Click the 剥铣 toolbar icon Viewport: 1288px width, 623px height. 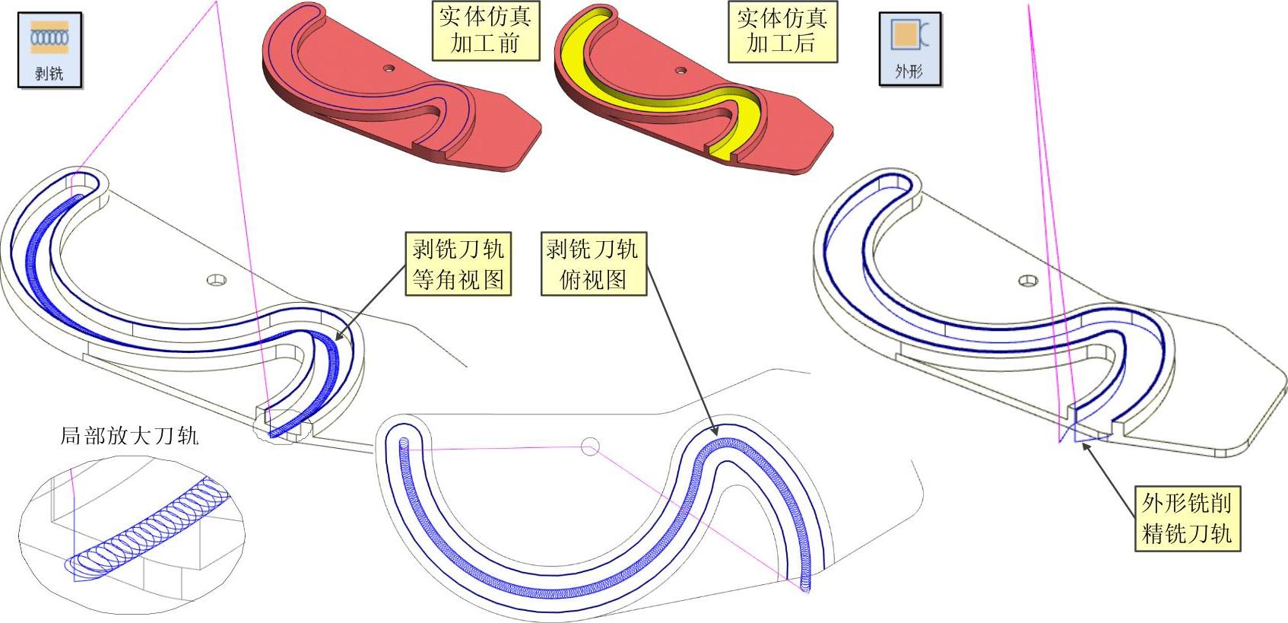click(49, 50)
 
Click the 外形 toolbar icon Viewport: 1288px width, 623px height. click(910, 49)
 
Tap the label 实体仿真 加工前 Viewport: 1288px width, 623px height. click(485, 30)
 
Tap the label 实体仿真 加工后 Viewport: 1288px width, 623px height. click(782, 30)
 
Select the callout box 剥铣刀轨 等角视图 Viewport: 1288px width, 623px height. click(458, 264)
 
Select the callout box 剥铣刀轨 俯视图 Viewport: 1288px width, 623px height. click(592, 264)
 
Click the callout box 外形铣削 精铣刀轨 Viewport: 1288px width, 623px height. click(1186, 518)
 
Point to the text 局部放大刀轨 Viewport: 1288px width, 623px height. click(129, 436)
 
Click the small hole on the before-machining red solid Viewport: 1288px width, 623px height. click(389, 68)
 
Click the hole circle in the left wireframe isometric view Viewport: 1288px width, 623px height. click(217, 280)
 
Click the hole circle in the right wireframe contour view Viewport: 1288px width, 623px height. click(1028, 281)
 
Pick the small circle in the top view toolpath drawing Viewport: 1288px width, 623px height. click(590, 447)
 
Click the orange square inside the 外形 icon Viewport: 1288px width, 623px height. click(905, 35)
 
